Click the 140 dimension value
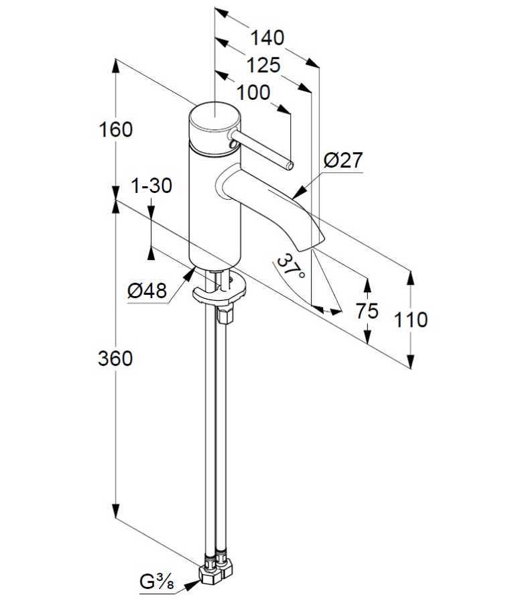(267, 38)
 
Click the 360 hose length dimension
(115, 358)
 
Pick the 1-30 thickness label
(151, 186)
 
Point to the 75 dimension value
(368, 310)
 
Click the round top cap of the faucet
(213, 121)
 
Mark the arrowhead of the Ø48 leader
(194, 270)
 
